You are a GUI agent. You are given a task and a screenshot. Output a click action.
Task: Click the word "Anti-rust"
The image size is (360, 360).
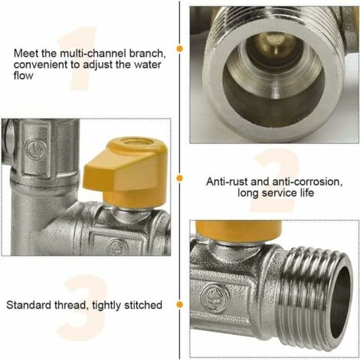pos(231,182)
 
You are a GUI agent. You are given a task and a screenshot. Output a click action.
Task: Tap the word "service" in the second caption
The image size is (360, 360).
pos(275,195)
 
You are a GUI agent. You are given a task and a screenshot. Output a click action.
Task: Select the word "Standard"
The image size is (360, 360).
pos(31,305)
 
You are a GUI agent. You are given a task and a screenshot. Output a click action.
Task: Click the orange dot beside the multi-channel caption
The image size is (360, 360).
pos(180,47)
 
